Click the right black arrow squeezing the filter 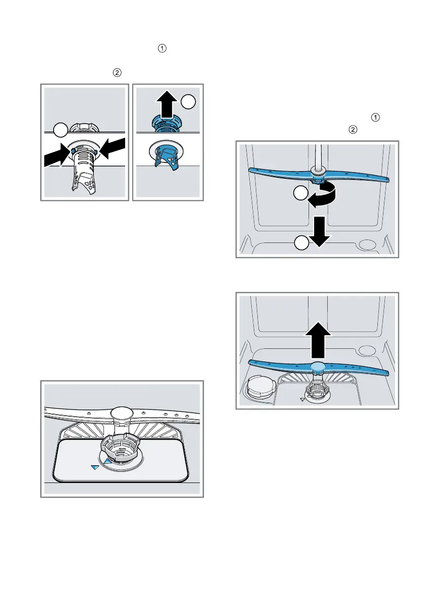[111, 148]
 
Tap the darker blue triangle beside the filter [95, 468]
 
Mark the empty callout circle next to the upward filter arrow [189, 101]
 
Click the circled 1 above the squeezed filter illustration [162, 49]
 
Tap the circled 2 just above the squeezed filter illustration [117, 73]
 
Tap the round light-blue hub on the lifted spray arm [318, 368]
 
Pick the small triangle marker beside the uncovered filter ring [302, 399]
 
